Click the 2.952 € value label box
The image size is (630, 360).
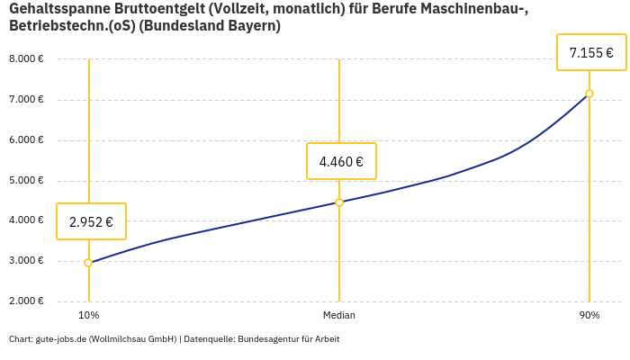click(x=91, y=221)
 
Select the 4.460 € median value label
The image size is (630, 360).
click(x=341, y=162)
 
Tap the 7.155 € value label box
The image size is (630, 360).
click(x=591, y=53)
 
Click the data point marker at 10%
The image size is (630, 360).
click(x=88, y=263)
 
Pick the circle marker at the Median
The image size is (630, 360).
click(x=339, y=202)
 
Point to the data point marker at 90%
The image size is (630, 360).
click(x=589, y=94)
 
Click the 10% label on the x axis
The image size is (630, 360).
click(x=88, y=316)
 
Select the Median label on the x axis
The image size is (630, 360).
click(x=339, y=316)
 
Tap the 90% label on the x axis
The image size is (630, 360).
click(x=589, y=316)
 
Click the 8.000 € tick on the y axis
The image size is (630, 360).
click(x=26, y=59)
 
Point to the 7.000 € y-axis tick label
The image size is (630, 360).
click(x=26, y=100)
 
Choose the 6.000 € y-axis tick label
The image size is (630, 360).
click(x=26, y=140)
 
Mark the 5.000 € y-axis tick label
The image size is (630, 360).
click(x=26, y=181)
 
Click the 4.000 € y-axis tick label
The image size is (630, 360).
click(x=26, y=220)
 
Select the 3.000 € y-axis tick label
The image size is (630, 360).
click(x=26, y=261)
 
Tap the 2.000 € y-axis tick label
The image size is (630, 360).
click(x=26, y=301)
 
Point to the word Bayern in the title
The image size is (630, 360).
click(x=250, y=26)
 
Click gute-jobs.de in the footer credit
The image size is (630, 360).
click(x=61, y=339)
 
